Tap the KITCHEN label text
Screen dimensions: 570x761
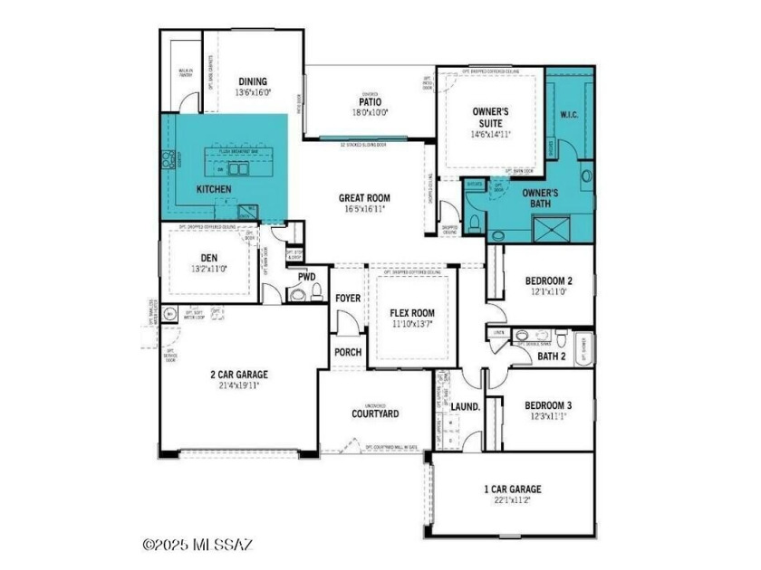[214, 189]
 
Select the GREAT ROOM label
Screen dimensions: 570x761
[364, 198]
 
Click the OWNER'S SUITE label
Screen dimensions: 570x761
[491, 117]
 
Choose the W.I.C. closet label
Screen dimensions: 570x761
[570, 115]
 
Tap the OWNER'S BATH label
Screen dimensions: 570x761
[540, 199]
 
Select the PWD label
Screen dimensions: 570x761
[306, 276]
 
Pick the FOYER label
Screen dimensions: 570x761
[348, 298]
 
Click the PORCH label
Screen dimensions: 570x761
[348, 352]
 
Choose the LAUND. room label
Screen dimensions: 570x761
[465, 407]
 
